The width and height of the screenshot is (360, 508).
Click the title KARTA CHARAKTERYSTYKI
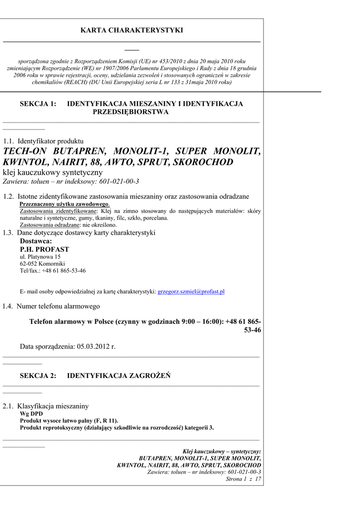pyautogui.click(x=132, y=31)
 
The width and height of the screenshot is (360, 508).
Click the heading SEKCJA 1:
pyautogui.click(x=38, y=104)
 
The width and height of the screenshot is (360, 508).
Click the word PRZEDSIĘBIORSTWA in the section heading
pyautogui.click(x=131, y=112)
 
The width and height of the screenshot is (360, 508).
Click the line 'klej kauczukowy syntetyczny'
pyautogui.click(x=53, y=172)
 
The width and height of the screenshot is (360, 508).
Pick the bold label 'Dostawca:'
pyautogui.click(x=36, y=241)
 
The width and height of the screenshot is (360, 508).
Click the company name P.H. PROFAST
pyautogui.click(x=44, y=249)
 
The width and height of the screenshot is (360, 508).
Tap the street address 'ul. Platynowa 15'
pyautogui.click(x=40, y=257)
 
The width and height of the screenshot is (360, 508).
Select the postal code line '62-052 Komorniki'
pyautogui.click(x=42, y=264)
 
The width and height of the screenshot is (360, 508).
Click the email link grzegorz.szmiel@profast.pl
pyautogui.click(x=191, y=292)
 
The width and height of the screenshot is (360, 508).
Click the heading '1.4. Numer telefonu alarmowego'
pyautogui.click(x=51, y=306)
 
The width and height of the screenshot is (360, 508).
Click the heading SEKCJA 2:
pyautogui.click(x=38, y=376)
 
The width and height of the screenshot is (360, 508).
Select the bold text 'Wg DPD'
pyautogui.click(x=31, y=413)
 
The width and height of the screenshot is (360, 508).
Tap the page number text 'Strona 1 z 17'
pyautogui.click(x=243, y=479)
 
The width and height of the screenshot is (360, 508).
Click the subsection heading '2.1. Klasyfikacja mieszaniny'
pyautogui.click(x=46, y=406)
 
